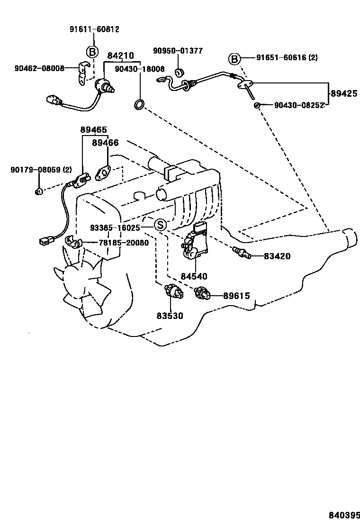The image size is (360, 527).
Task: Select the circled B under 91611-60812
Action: (x=92, y=52)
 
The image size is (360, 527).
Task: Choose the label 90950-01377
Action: (x=178, y=51)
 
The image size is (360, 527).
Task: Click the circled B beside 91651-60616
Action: (x=234, y=59)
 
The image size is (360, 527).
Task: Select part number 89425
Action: (x=344, y=93)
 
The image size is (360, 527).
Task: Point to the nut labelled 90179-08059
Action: (x=39, y=191)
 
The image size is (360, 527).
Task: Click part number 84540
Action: (x=194, y=276)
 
